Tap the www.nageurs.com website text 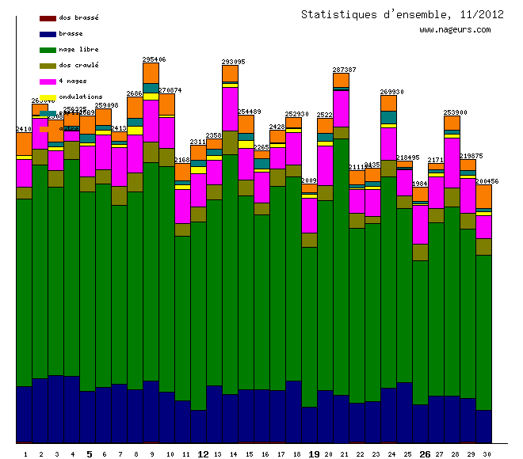click(x=455, y=30)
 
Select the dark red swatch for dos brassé click(x=48, y=18)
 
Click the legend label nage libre click(x=78, y=49)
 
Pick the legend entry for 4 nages click(x=73, y=81)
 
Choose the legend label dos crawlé click(x=78, y=65)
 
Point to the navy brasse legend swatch click(x=48, y=34)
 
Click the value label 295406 click(x=154, y=59)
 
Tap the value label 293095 click(x=233, y=62)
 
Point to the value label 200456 click(x=487, y=181)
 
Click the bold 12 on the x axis click(x=203, y=454)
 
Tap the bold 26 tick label click(x=425, y=454)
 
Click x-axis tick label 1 click(x=25, y=454)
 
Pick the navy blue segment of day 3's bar click(x=56, y=408)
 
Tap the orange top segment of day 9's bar click(x=151, y=73)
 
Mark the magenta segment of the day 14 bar click(x=231, y=108)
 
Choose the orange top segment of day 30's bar click(x=484, y=195)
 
